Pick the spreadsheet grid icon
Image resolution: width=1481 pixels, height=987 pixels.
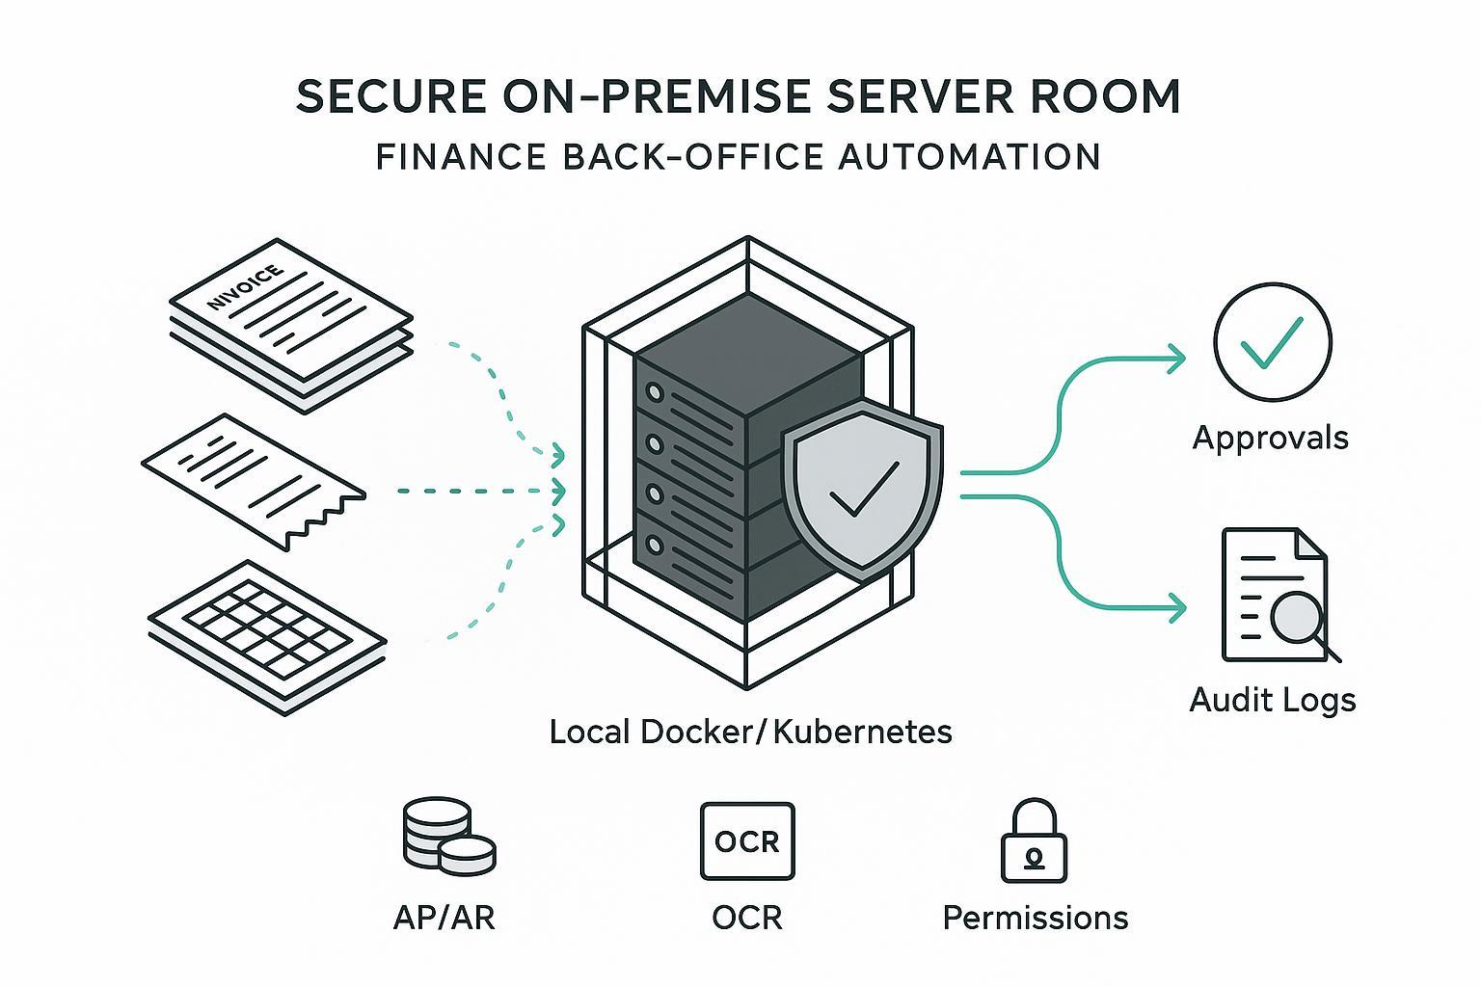click(x=268, y=636)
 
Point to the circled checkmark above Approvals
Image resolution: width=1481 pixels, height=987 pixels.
click(x=1272, y=341)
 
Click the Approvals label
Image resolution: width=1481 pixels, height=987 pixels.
click(x=1270, y=438)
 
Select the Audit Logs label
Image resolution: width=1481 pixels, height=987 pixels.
click(x=1273, y=699)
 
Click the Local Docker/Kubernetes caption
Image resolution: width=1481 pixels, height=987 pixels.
click(x=750, y=732)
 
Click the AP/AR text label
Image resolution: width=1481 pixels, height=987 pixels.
click(x=444, y=917)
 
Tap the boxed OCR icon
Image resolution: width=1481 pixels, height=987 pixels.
click(x=747, y=841)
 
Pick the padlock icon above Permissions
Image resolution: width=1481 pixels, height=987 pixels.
click(x=1035, y=841)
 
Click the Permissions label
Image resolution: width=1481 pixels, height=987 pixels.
click(x=1035, y=917)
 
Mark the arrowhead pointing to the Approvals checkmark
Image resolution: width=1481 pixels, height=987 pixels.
click(x=1177, y=361)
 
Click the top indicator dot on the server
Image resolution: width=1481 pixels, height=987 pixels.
click(x=656, y=394)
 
